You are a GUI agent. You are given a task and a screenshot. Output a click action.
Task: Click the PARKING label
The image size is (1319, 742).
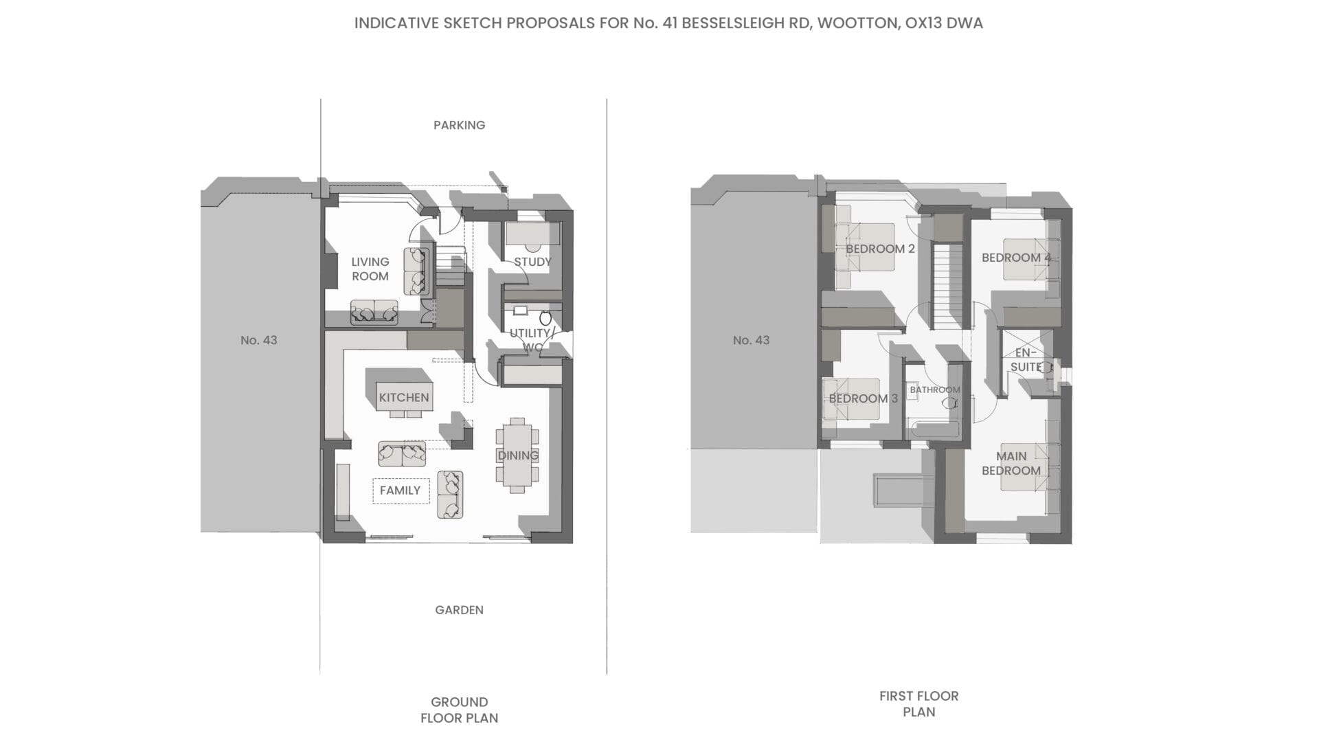(459, 125)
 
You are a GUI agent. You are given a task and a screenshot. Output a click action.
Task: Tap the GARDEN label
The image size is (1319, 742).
(459, 610)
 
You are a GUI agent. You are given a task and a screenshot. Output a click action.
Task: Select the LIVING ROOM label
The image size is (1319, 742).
(370, 269)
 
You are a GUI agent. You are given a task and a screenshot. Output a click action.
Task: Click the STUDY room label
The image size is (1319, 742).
(532, 262)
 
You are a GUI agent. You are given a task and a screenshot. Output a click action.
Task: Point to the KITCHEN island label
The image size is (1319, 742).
(404, 398)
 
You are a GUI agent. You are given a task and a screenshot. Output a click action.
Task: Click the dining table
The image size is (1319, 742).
(517, 455)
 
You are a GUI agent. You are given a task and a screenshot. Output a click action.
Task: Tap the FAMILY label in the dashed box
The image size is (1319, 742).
(400, 491)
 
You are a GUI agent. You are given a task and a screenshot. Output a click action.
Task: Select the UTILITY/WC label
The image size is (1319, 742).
(531, 340)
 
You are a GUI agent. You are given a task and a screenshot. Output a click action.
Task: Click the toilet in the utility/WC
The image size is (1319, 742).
(545, 318)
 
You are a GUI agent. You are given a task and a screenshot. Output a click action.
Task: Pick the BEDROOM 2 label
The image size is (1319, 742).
(880, 249)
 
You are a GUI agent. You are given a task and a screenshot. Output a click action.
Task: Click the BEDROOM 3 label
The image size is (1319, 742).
(863, 398)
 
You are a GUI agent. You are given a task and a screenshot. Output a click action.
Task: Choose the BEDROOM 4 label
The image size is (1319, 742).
(1016, 258)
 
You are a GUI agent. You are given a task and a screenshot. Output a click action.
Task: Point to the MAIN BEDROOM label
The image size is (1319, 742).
(1011, 463)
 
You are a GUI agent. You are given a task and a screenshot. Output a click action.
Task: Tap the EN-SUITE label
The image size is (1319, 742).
(1026, 359)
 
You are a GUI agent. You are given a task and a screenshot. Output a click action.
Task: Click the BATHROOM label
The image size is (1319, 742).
(935, 390)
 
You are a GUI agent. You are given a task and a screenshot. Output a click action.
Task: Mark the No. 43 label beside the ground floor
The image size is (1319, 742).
(259, 340)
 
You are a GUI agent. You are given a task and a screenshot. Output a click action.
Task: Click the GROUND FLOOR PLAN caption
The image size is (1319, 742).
(459, 710)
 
